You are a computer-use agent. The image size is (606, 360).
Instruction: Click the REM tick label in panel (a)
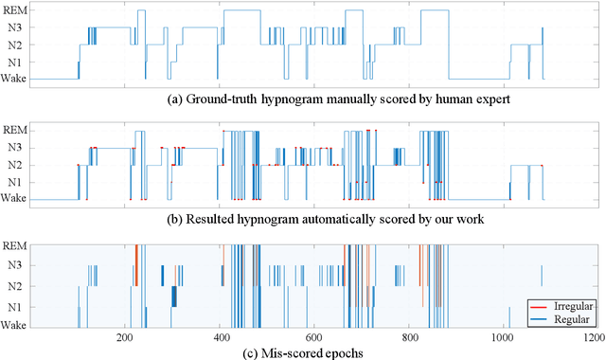15,10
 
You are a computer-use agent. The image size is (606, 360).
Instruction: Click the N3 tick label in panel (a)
18,27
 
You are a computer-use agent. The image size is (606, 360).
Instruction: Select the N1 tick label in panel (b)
18,182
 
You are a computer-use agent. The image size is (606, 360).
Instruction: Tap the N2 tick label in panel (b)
18,165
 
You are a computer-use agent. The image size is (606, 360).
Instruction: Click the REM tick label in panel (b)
15,130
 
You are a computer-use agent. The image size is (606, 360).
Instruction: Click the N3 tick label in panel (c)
18,266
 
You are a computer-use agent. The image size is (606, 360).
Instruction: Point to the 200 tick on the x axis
124,336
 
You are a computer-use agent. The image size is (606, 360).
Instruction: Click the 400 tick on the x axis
219,336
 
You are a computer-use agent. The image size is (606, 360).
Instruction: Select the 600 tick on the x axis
313,336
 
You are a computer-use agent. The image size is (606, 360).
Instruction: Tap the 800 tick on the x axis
407,336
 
